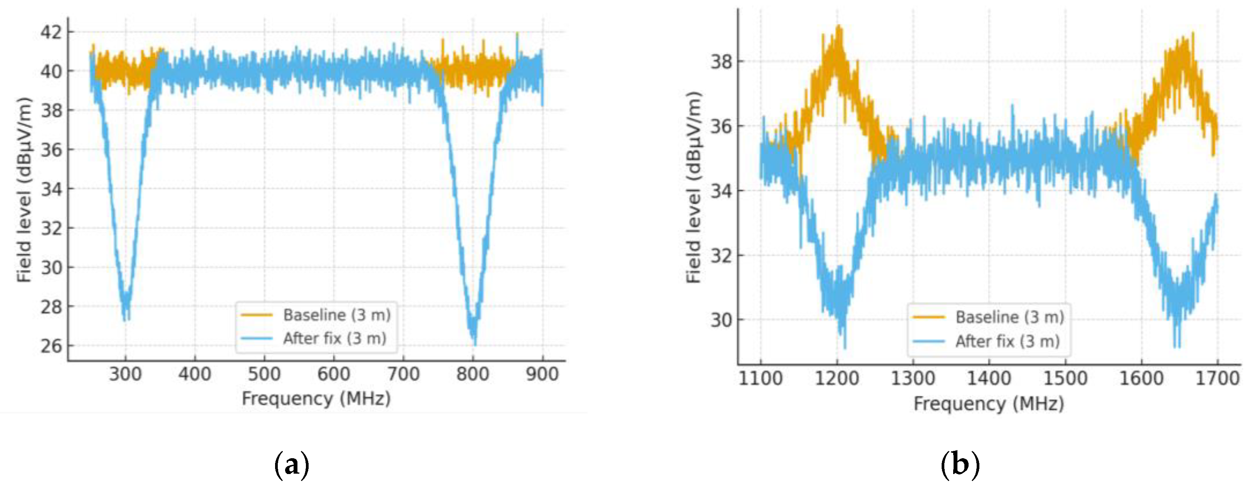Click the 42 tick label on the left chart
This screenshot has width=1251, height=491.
[x=51, y=32]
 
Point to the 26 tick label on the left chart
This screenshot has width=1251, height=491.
[x=51, y=346]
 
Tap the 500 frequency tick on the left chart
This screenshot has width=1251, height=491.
[x=264, y=375]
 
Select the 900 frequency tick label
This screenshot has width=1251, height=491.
[x=542, y=375]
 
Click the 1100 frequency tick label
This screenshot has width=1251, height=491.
[x=760, y=379]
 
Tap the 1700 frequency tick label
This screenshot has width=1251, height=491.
[x=1217, y=379]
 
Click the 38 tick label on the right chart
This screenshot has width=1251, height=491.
[x=721, y=62]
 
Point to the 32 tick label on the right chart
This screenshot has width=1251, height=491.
[x=721, y=256]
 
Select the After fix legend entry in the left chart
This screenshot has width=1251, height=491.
[x=334, y=338]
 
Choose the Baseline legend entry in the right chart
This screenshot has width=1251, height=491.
[x=1009, y=317]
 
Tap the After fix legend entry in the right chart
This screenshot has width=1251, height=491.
[x=1007, y=342]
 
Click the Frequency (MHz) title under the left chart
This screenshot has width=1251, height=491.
[x=316, y=399]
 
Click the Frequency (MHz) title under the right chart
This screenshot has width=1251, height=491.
[x=989, y=404]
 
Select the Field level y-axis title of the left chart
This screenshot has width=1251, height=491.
[x=24, y=190]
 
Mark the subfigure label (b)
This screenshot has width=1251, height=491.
[x=960, y=465]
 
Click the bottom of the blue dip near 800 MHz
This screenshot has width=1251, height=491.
[x=474, y=343]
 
